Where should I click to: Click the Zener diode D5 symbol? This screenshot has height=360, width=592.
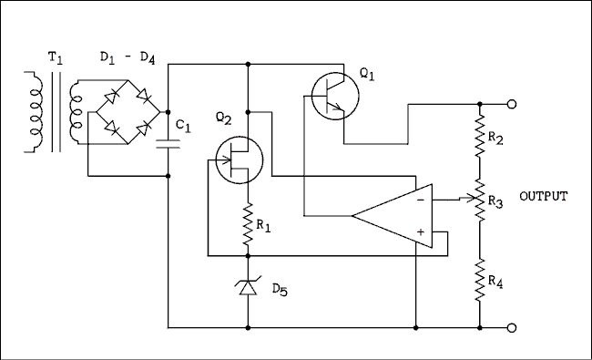pos(249,287)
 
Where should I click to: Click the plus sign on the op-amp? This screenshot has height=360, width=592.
pos(420,234)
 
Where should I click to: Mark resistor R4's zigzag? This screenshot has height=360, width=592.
pos(479,279)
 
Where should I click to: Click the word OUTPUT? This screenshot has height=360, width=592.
pos(543,197)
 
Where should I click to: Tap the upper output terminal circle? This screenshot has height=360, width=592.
pos(512,105)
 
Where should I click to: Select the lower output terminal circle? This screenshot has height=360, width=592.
pos(512,327)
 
